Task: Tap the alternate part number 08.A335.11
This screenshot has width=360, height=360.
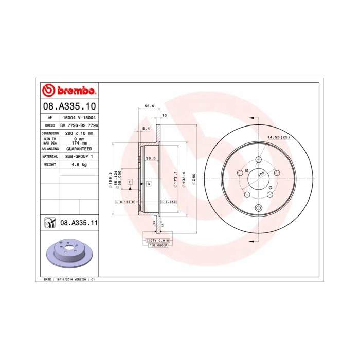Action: [x=79, y=223]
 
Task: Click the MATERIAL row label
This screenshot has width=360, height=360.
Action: [x=49, y=156]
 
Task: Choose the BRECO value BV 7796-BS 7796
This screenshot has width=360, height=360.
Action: [x=79, y=125]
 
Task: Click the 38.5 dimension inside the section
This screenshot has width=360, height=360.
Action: [x=151, y=158]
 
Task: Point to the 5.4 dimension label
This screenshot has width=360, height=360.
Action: [x=146, y=128]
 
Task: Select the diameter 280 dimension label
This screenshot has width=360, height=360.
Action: [x=194, y=177]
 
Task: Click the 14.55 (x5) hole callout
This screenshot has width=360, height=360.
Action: [x=278, y=137]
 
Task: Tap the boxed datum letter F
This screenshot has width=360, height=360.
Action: [x=130, y=183]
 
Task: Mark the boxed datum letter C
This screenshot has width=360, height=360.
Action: [x=149, y=183]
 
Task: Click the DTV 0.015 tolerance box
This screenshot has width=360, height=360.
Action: [x=160, y=241]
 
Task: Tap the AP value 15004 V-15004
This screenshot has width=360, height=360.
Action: [x=79, y=117]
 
